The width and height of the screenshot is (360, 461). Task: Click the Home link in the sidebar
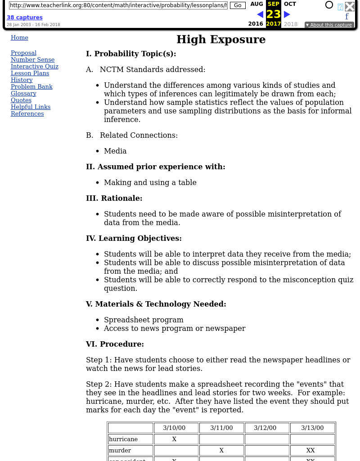click(x=19, y=38)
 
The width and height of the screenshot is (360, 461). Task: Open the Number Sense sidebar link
click(x=32, y=60)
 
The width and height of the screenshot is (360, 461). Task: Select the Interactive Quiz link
click(x=35, y=67)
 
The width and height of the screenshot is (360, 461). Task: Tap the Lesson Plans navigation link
click(x=30, y=73)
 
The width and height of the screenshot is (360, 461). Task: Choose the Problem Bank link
click(x=31, y=87)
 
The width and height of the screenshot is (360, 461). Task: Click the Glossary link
click(x=23, y=94)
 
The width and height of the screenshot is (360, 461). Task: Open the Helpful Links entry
click(x=31, y=107)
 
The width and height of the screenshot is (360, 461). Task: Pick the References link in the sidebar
click(x=27, y=114)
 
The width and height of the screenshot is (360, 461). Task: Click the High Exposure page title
click(x=220, y=40)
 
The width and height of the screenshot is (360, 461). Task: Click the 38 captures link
click(x=24, y=18)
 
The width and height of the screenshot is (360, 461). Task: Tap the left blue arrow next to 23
click(x=260, y=14)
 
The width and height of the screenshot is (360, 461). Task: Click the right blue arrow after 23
click(x=287, y=14)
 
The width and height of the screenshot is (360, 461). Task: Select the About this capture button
click(x=329, y=25)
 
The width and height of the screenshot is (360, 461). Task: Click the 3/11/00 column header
click(x=221, y=428)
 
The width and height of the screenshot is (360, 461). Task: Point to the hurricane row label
click(x=123, y=439)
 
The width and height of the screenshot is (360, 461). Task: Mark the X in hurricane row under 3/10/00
click(x=174, y=439)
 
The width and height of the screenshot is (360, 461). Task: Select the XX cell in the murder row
click(x=310, y=451)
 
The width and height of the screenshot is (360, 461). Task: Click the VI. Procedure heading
click(x=115, y=344)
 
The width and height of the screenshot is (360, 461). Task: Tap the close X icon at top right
click(x=350, y=6)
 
